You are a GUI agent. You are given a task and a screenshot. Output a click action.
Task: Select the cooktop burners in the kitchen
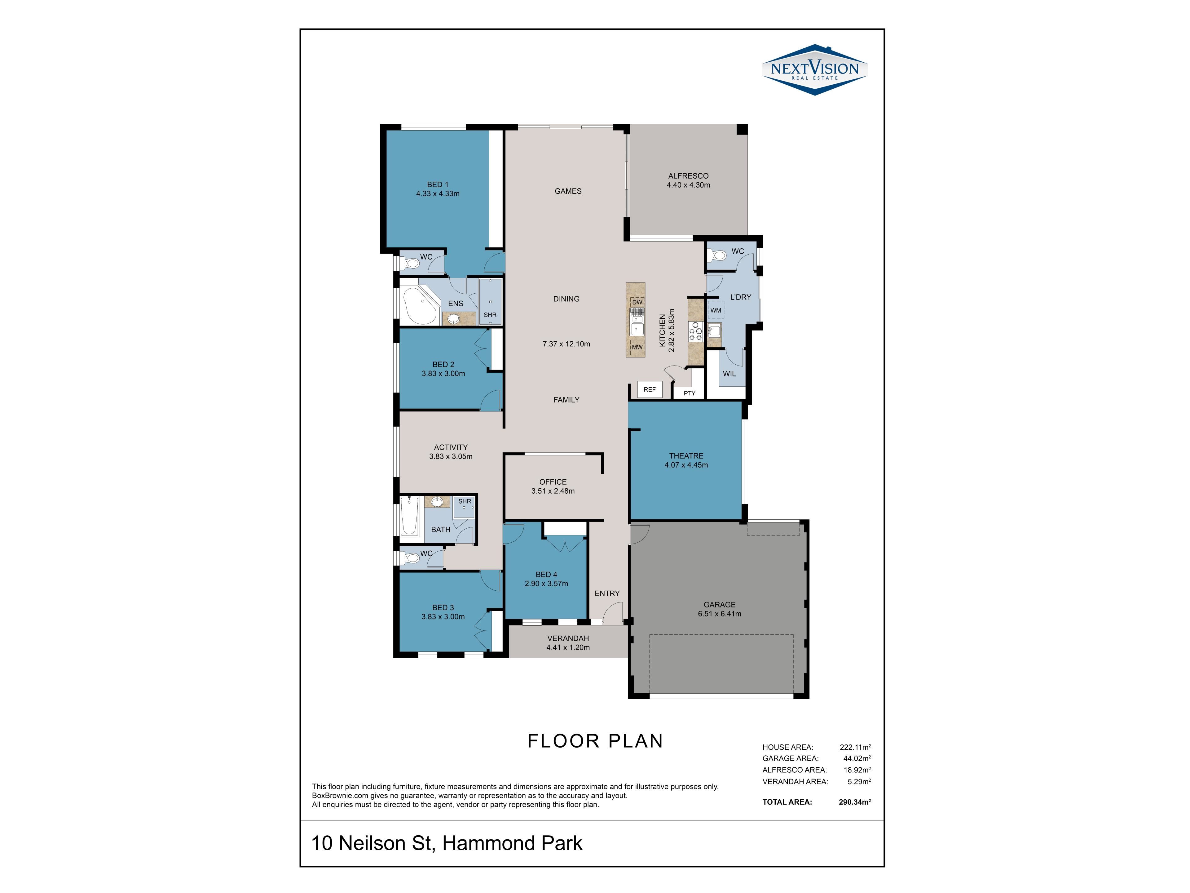(x=696, y=331)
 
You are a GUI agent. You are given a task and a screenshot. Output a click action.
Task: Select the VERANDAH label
(x=568, y=638)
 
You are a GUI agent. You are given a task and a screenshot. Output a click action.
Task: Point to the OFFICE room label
(x=553, y=482)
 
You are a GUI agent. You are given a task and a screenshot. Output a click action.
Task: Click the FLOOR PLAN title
(x=595, y=741)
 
